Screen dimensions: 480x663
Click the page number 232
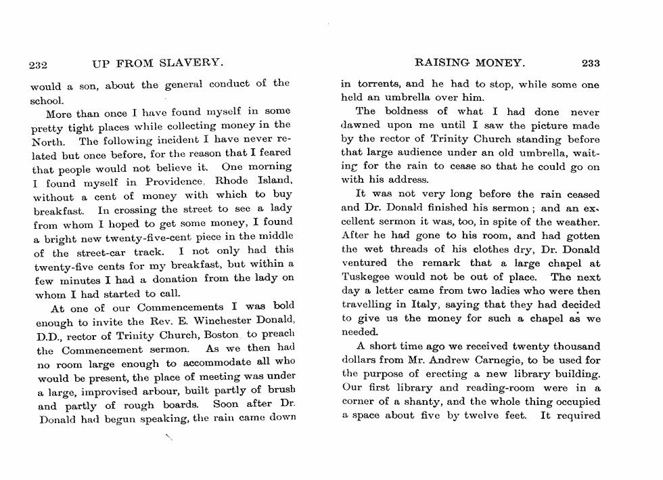pyautogui.click(x=37, y=64)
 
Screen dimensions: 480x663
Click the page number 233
pyautogui.click(x=591, y=64)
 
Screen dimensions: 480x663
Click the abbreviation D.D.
pyautogui.click(x=48, y=336)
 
